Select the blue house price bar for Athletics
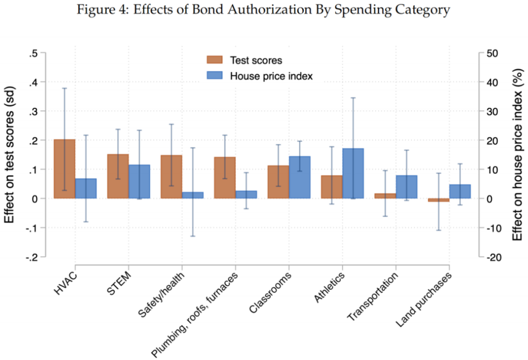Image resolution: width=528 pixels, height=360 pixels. [x=352, y=173]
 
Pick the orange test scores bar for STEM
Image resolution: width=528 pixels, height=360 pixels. [x=118, y=176]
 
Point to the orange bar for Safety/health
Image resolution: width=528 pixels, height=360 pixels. [x=171, y=177]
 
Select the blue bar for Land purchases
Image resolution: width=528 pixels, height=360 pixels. [x=459, y=191]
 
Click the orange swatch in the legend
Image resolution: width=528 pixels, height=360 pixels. [x=214, y=60]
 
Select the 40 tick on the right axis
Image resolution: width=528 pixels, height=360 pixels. [x=491, y=82]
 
